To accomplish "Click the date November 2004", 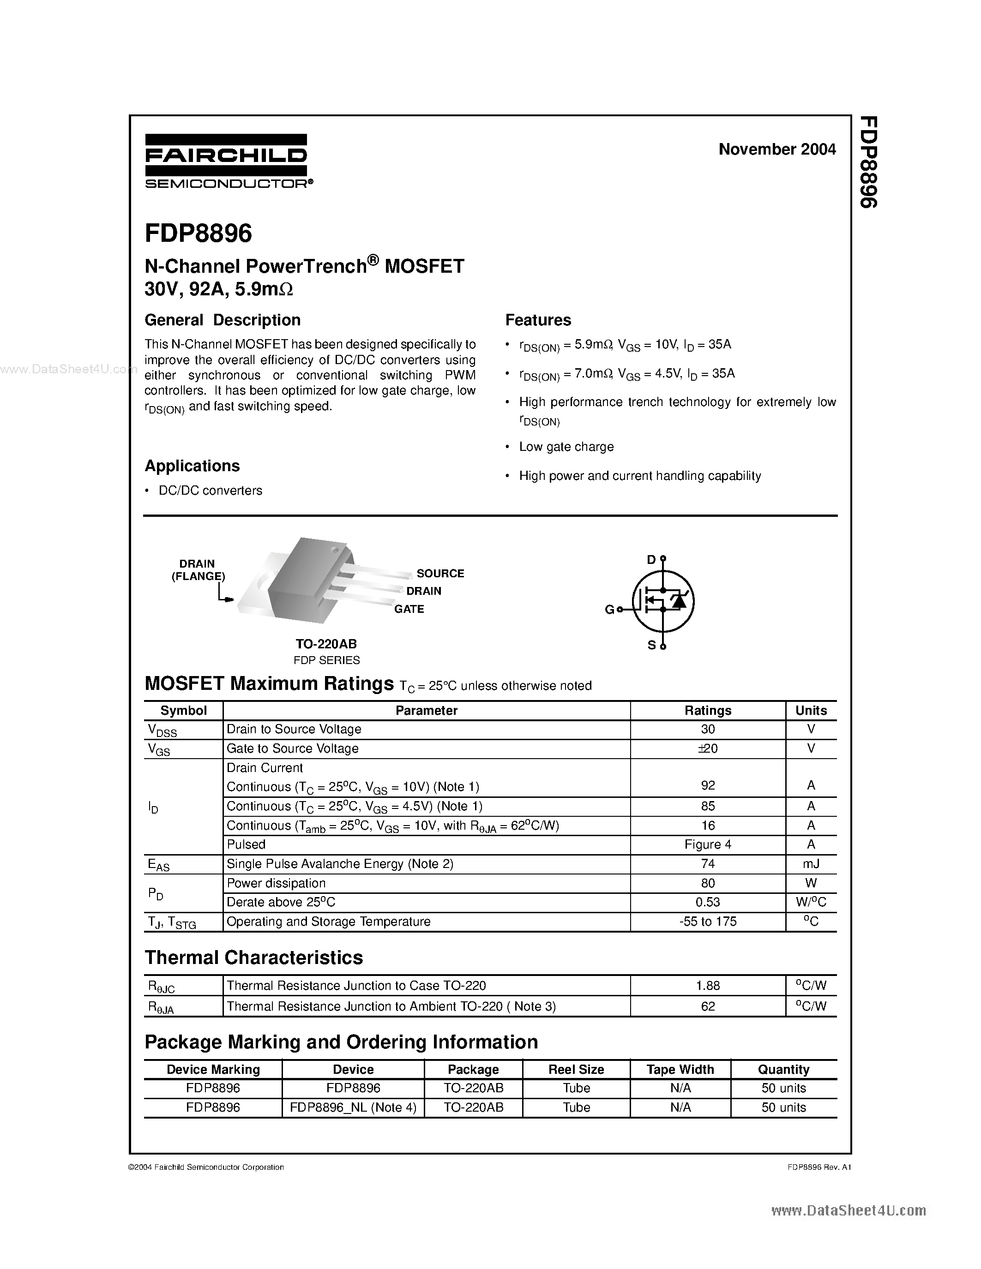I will coord(776,150).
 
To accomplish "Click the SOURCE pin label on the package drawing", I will coord(440,574).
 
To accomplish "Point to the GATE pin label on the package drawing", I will coord(409,609).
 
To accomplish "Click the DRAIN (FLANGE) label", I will coord(198,570).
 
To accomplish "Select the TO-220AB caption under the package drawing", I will coord(326,644).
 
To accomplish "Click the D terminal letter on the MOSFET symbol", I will coord(651,560).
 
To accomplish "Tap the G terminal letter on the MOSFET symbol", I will coord(609,610).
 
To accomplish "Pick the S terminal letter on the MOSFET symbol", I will coord(651,645).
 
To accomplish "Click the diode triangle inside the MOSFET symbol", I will coord(678,601).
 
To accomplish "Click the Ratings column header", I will coord(707,710).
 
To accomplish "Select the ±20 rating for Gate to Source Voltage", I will coord(707,748).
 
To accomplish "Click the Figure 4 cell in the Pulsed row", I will coord(707,844).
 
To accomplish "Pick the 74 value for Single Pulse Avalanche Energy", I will coord(707,863).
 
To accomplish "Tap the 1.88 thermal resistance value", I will coord(707,986).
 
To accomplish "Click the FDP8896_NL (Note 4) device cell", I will coord(353,1107).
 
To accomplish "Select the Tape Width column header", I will coord(680,1069).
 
